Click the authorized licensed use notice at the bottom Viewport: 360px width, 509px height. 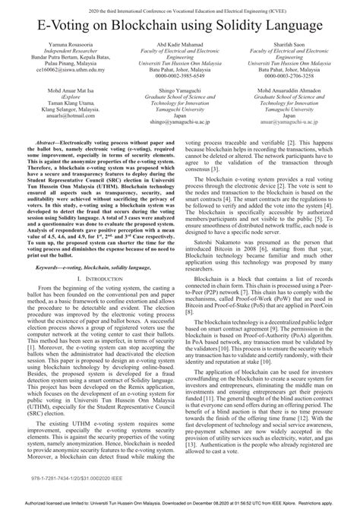click(x=179, y=502)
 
